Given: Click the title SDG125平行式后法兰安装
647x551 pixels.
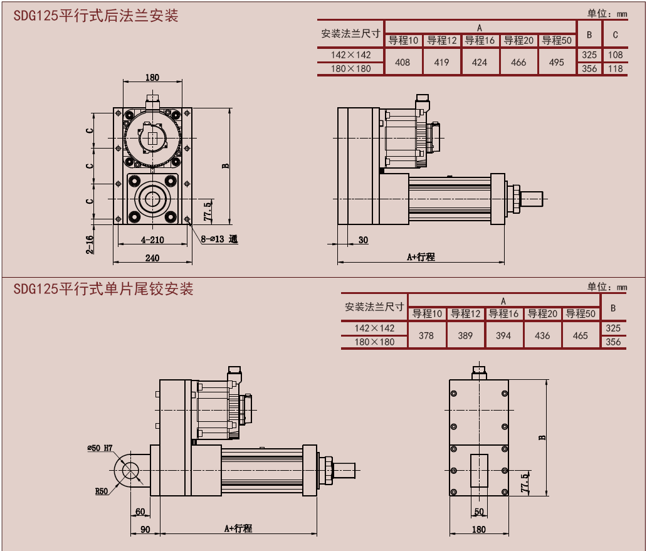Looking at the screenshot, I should [x=96, y=16].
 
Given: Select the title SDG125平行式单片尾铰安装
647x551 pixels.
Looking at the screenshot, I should [x=103, y=289].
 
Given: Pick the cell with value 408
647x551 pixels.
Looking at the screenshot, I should [x=402, y=62].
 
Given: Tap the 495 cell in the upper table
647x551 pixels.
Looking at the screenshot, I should [x=556, y=62].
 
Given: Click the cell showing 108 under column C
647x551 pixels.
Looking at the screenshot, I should [x=615, y=55].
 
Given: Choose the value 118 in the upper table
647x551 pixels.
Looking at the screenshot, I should [x=615, y=69].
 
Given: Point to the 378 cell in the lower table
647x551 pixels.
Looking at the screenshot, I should [x=426, y=335].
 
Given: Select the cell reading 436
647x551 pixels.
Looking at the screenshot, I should [x=542, y=335].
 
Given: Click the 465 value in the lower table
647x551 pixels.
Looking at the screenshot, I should [x=581, y=335].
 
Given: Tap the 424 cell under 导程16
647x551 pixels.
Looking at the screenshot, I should [x=480, y=62].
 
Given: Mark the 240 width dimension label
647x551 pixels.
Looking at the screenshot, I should [x=152, y=257].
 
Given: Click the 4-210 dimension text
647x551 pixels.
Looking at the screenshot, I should [x=152, y=239].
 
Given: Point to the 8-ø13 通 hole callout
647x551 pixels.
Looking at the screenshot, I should [x=219, y=239].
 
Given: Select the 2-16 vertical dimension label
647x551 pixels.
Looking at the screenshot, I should [x=90, y=244].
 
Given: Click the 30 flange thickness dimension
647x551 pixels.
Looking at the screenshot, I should [x=363, y=240].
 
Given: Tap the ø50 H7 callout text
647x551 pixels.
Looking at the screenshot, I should [x=100, y=448].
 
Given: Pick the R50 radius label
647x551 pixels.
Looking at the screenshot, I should [x=102, y=491].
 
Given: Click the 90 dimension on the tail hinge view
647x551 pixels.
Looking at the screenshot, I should [x=145, y=529].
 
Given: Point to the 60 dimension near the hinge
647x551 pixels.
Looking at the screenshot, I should [x=140, y=512].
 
